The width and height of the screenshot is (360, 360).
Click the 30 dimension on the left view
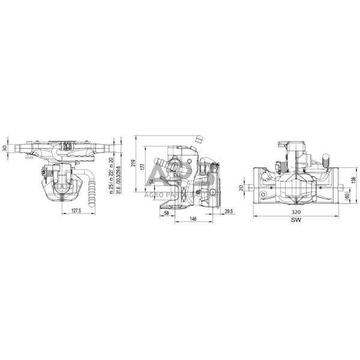click(5, 148)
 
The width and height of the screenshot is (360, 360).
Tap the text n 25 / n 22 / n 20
click(111, 171)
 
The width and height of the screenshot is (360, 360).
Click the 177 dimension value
click(143, 165)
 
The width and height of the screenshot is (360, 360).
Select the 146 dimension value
click(193, 220)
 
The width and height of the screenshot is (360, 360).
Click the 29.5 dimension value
click(228, 211)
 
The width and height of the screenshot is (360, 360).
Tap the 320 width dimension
click(295, 212)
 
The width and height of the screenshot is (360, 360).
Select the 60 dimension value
click(347, 196)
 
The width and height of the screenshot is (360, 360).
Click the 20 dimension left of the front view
click(241, 187)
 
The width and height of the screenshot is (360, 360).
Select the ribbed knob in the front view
click(327, 161)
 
